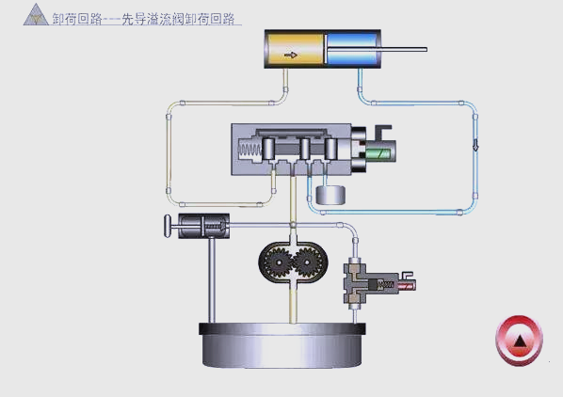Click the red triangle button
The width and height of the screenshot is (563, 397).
click(519, 340)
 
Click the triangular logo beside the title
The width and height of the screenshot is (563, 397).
click(36, 16)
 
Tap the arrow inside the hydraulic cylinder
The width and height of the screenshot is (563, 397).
click(291, 55)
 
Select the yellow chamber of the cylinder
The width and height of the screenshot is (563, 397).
click(296, 51)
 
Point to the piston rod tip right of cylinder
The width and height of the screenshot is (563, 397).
click(424, 49)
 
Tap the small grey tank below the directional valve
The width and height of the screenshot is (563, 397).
click(331, 195)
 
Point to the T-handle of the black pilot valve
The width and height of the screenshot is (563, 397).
click(167, 226)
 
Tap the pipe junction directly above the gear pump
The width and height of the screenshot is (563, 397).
click(293, 225)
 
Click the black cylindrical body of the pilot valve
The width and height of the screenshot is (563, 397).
click(204, 226)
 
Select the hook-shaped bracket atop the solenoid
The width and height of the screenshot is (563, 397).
click(383, 131)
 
